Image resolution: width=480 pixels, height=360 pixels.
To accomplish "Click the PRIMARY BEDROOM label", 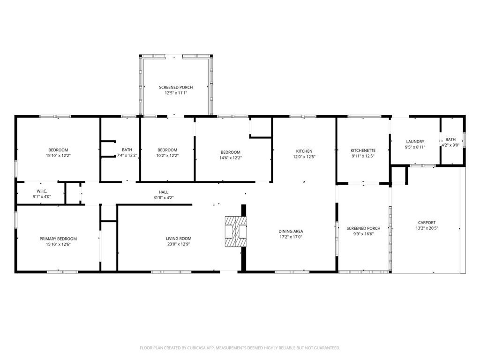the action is [58, 239].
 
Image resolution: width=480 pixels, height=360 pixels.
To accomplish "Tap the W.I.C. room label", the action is [42, 191].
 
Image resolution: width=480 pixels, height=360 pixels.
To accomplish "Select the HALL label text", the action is [164, 192].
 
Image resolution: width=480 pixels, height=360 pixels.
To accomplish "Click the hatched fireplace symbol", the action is [236, 232].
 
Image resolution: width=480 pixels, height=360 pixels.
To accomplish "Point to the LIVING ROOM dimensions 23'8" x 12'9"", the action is [179, 244].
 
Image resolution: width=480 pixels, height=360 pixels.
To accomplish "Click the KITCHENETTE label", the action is [363, 150].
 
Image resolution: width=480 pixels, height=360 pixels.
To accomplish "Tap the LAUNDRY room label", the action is [415, 142].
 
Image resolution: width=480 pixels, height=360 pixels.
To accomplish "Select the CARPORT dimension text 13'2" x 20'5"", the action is [427, 228].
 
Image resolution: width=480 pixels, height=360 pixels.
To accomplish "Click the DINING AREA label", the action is [291, 232].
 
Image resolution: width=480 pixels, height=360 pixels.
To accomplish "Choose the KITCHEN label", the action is [304, 151].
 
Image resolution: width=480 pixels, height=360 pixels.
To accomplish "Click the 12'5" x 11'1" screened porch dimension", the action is [176, 93].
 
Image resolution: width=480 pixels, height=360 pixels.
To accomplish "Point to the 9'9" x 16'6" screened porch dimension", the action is [363, 234].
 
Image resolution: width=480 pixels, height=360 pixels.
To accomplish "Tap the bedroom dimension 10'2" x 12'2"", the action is [167, 156].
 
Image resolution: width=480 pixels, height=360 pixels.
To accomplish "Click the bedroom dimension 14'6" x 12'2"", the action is [231, 158].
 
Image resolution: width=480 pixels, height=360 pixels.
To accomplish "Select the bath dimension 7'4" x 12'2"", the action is [127, 156].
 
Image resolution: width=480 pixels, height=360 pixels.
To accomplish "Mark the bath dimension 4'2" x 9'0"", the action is [450, 145].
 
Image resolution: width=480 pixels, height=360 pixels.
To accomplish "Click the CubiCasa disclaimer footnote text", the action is [240, 348].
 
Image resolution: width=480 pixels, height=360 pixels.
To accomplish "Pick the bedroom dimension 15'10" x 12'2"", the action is [58, 156].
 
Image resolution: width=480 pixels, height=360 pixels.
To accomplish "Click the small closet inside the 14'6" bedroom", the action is [261, 127].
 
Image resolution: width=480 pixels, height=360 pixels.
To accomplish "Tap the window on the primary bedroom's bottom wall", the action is [62, 272].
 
